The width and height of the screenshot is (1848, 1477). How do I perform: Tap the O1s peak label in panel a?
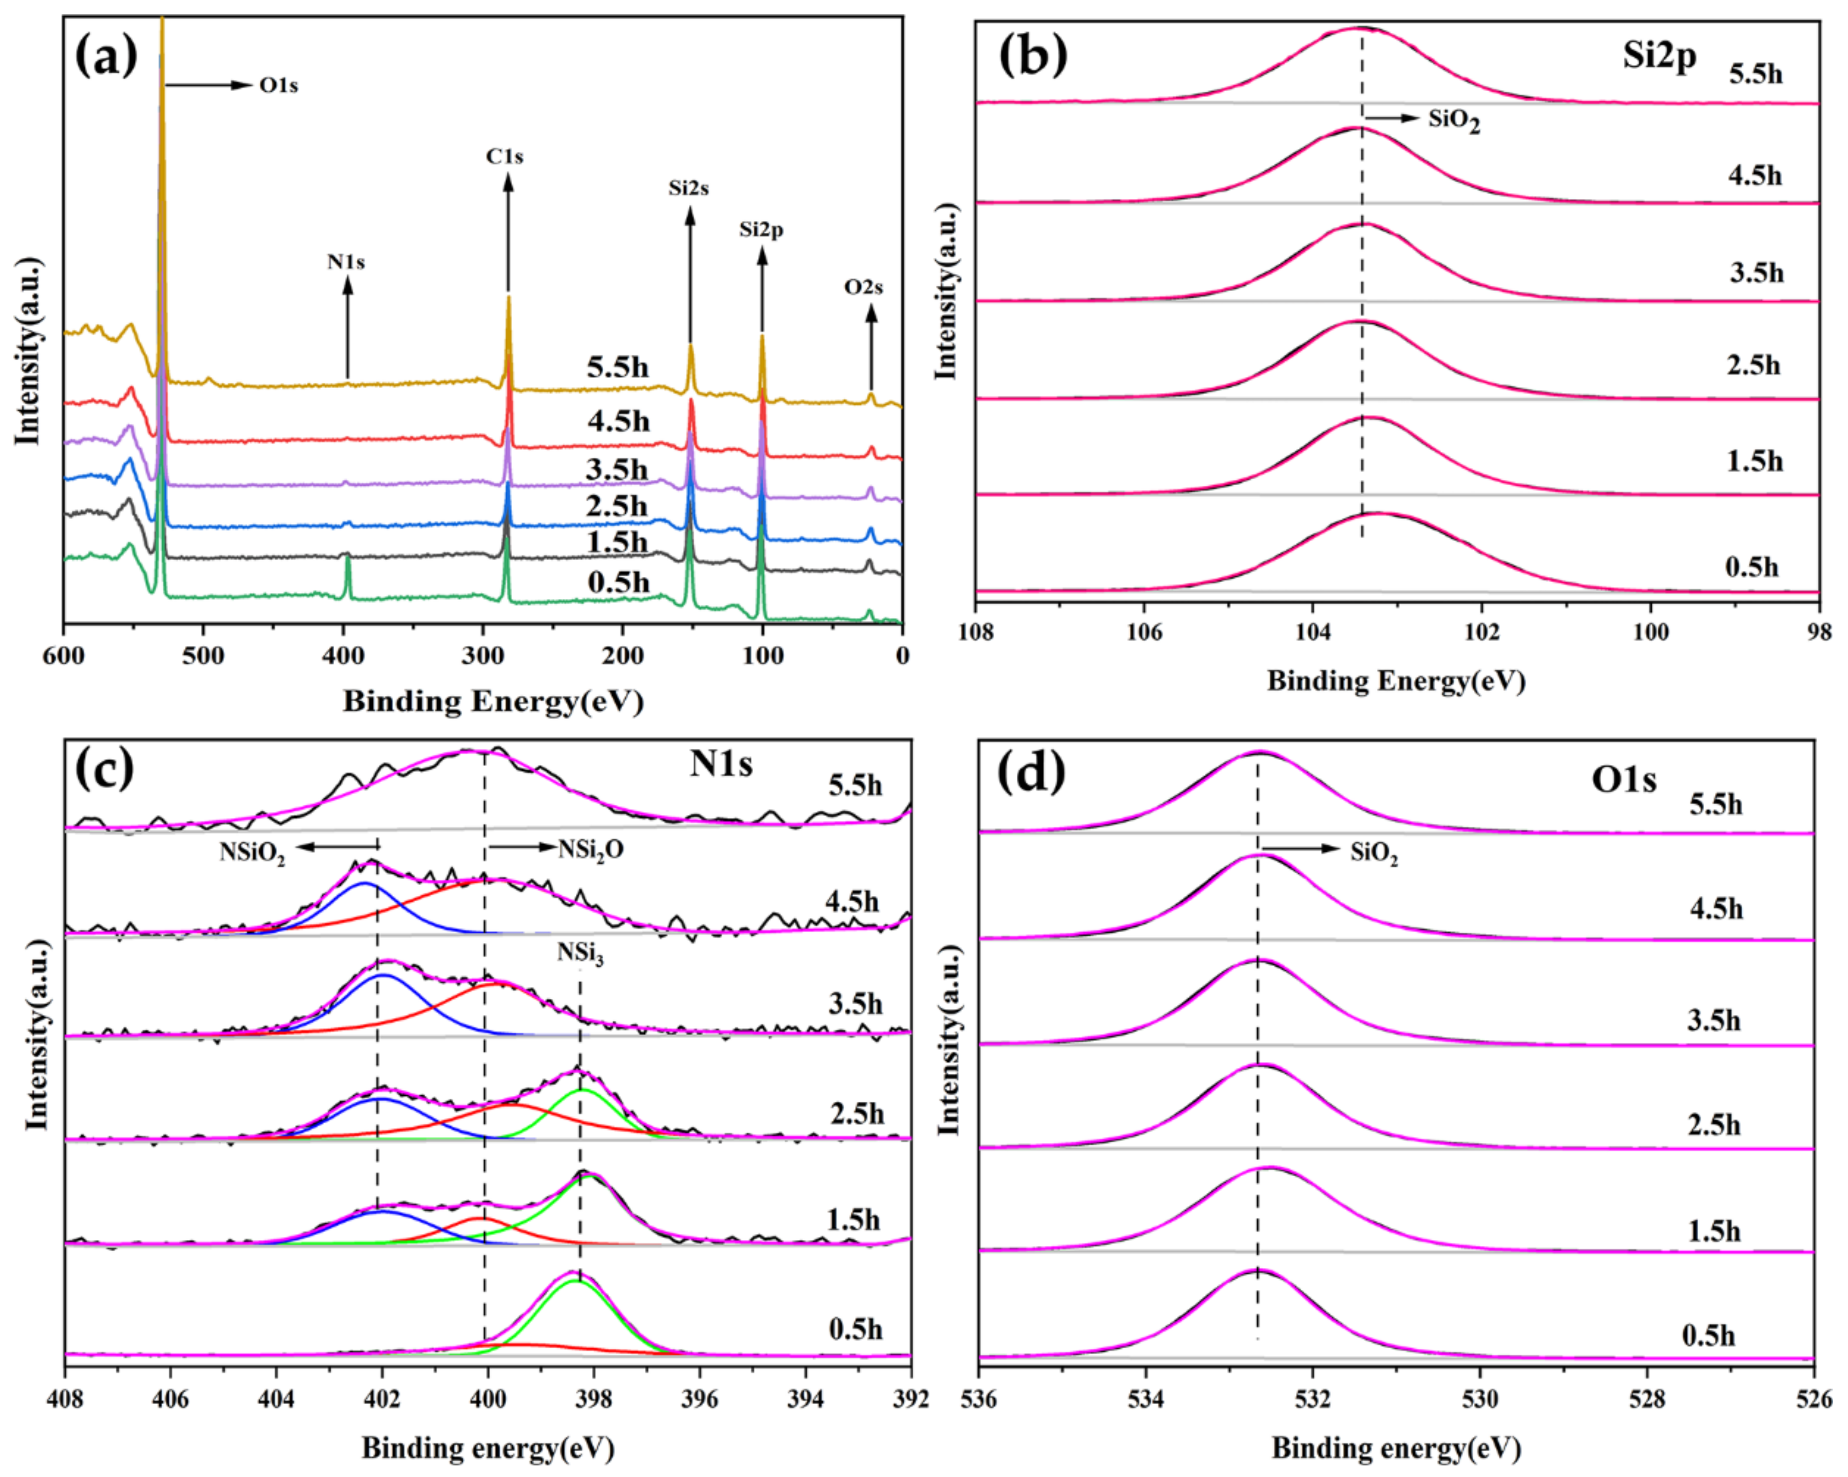pos(279,86)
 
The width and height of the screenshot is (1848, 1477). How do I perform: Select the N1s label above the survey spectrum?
pos(346,261)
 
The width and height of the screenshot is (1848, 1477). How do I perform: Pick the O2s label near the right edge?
pos(863,287)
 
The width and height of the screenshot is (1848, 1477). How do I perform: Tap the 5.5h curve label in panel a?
pos(617,368)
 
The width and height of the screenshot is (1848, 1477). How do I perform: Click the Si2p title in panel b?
pos(1659,57)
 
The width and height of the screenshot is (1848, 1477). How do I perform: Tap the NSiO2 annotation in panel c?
pos(252,853)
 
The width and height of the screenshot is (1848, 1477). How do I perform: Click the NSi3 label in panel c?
pos(580,953)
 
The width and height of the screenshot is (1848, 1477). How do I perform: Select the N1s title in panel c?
pos(721,764)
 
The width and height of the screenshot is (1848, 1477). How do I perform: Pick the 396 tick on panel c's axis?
pos(699,1398)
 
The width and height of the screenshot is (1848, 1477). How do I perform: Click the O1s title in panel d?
pos(1623,780)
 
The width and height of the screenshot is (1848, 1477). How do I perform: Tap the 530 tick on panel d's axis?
pos(1480,1399)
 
